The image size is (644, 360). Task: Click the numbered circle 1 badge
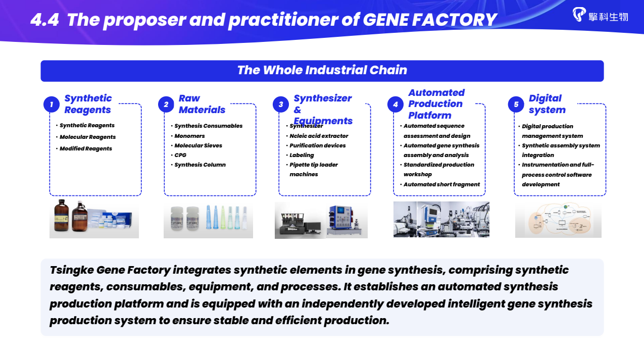pyautogui.click(x=52, y=105)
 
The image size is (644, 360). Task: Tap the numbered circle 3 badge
pyautogui.click(x=281, y=105)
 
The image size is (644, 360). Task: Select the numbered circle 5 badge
pyautogui.click(x=516, y=105)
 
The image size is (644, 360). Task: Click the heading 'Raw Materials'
pyautogui.click(x=202, y=104)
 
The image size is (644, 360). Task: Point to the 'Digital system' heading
pyautogui.click(x=547, y=104)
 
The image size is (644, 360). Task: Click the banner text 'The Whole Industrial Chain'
pyautogui.click(x=322, y=70)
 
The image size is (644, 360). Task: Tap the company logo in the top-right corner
pyautogui.click(x=600, y=15)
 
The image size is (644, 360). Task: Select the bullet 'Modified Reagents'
pyautogui.click(x=85, y=148)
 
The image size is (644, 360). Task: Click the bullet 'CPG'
pyautogui.click(x=180, y=155)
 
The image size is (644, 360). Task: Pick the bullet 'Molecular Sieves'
pyautogui.click(x=198, y=145)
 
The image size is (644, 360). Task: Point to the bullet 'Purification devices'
pyautogui.click(x=317, y=145)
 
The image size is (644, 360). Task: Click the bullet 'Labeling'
pyautogui.click(x=302, y=155)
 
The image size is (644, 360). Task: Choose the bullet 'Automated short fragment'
pyautogui.click(x=441, y=184)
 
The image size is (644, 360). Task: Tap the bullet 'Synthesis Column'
pyautogui.click(x=200, y=165)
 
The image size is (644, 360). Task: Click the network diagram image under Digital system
pyautogui.click(x=558, y=220)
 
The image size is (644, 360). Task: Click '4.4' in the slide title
pyautogui.click(x=44, y=20)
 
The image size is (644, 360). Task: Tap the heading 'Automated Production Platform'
pyautogui.click(x=436, y=104)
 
